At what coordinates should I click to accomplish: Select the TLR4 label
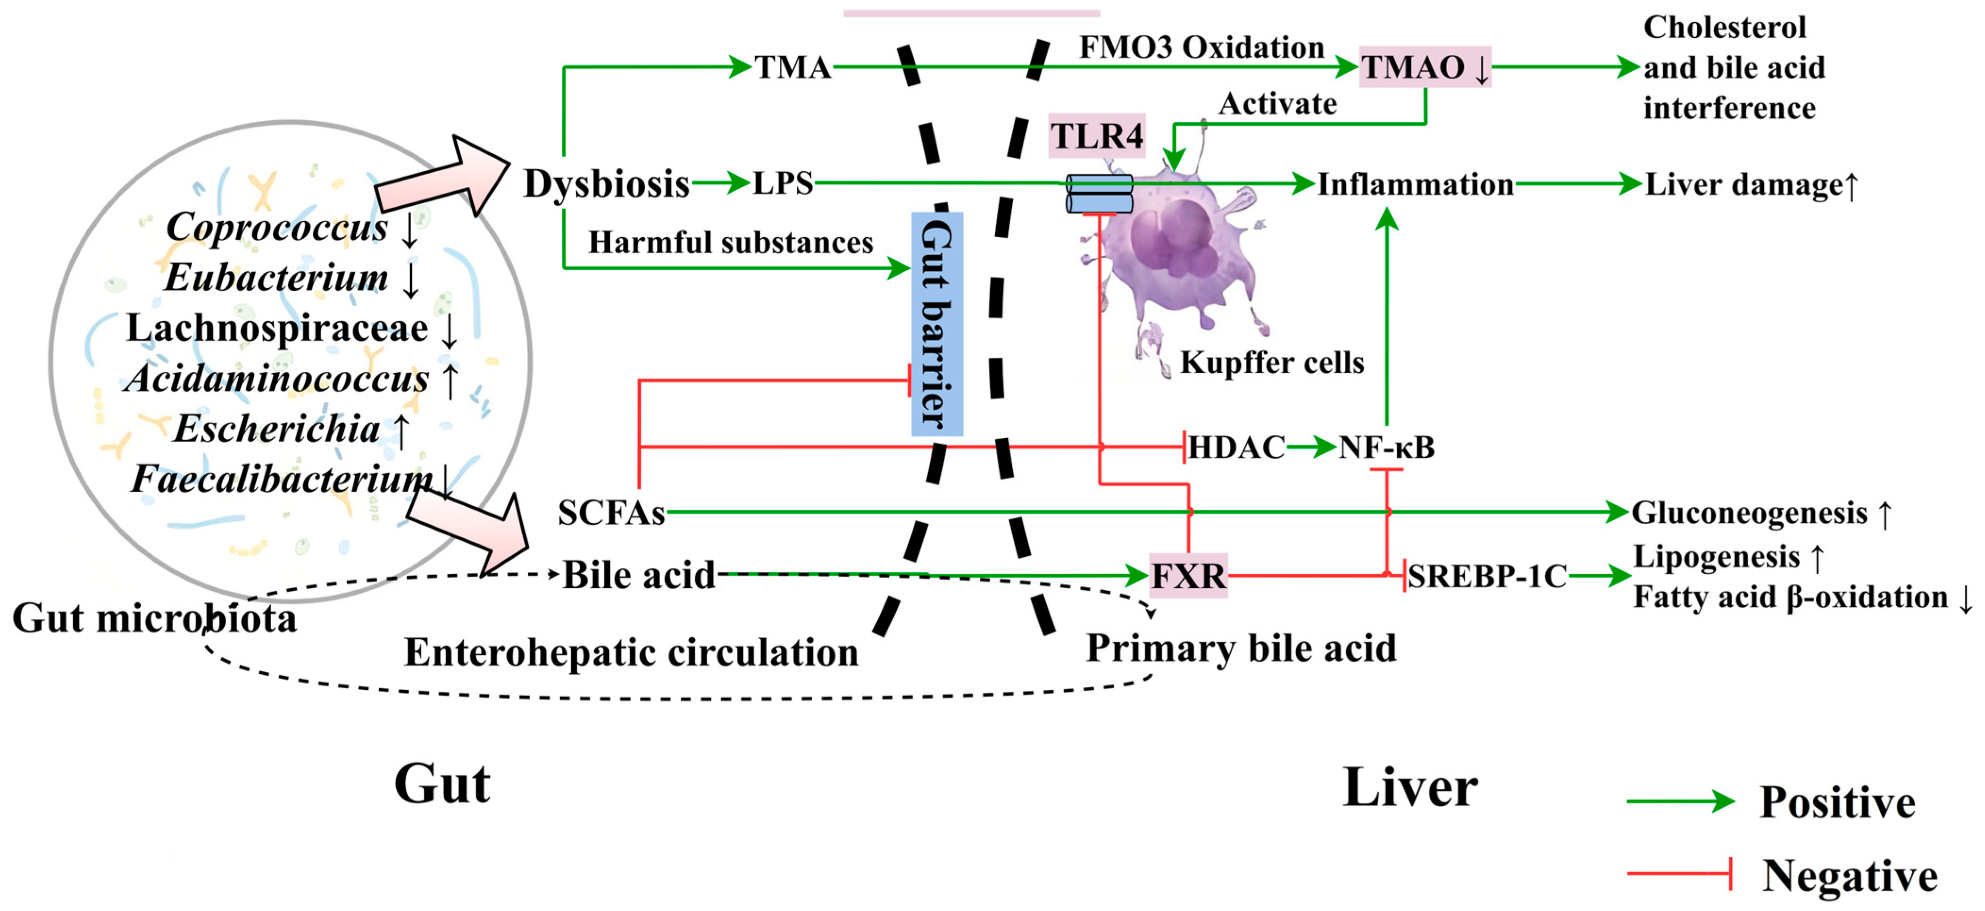point(1097,136)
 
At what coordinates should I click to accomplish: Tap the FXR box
point(1187,576)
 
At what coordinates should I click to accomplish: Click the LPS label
point(782,184)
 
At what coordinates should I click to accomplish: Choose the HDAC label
point(1236,447)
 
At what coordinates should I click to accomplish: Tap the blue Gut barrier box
point(936,324)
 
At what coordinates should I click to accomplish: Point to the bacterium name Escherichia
point(276,428)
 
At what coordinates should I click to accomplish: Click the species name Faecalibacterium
point(281,479)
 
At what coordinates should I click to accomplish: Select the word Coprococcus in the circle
point(276,226)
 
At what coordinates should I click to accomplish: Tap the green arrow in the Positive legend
point(1680,802)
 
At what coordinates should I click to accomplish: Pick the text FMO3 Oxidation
point(1201,47)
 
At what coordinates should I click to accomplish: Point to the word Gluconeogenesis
point(1749,512)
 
